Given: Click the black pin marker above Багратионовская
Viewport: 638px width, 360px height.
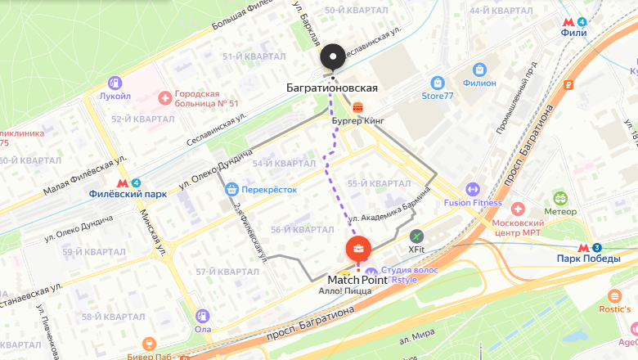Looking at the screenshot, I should [x=333, y=56].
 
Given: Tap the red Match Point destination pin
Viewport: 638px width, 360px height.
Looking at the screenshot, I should [x=357, y=249].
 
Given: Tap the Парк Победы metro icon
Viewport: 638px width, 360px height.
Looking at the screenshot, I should [x=585, y=248].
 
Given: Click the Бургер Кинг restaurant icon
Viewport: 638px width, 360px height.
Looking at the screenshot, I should [x=357, y=106].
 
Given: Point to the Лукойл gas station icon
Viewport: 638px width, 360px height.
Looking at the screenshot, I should [x=115, y=82].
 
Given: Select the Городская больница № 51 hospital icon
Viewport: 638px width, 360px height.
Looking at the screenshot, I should [x=166, y=98].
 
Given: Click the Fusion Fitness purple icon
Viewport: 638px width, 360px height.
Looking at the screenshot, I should [x=472, y=190].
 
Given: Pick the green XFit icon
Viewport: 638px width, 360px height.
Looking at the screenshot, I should [x=417, y=236].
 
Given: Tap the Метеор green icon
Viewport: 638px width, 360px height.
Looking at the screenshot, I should [x=560, y=198].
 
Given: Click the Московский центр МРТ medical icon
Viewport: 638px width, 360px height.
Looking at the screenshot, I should [x=517, y=209].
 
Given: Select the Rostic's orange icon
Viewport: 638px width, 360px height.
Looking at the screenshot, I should [x=614, y=295].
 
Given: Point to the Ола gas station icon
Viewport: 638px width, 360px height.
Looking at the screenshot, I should [x=203, y=315].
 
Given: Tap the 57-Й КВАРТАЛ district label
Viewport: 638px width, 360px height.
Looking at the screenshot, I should [x=227, y=272].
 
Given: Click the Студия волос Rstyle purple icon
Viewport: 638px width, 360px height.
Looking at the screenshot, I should [x=371, y=272].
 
